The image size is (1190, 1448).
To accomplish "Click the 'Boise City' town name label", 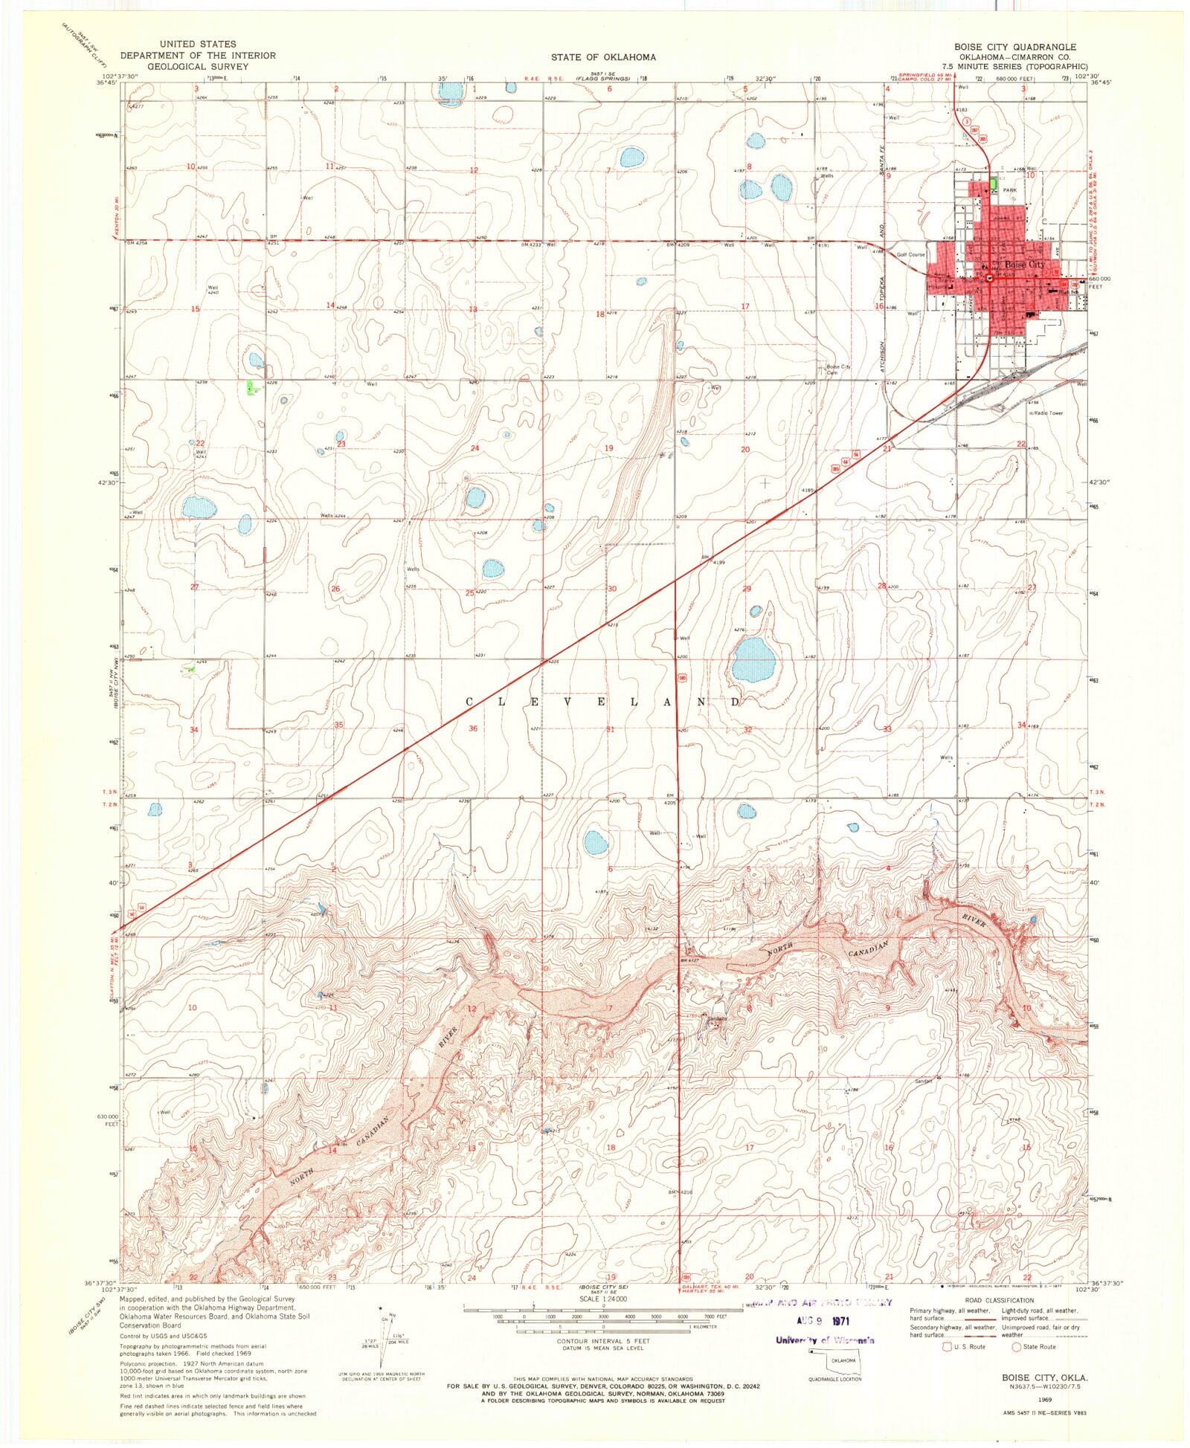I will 1024,265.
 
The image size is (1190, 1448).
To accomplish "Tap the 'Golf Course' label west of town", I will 910,255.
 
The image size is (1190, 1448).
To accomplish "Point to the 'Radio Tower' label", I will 1047,413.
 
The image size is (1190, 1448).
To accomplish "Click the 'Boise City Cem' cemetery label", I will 838,369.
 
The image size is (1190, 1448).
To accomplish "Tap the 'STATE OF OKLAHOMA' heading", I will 603,57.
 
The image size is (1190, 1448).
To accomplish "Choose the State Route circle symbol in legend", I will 1016,1347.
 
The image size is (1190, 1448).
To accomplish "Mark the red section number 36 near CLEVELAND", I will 473,728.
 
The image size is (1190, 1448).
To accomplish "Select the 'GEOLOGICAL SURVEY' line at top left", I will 198,66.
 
